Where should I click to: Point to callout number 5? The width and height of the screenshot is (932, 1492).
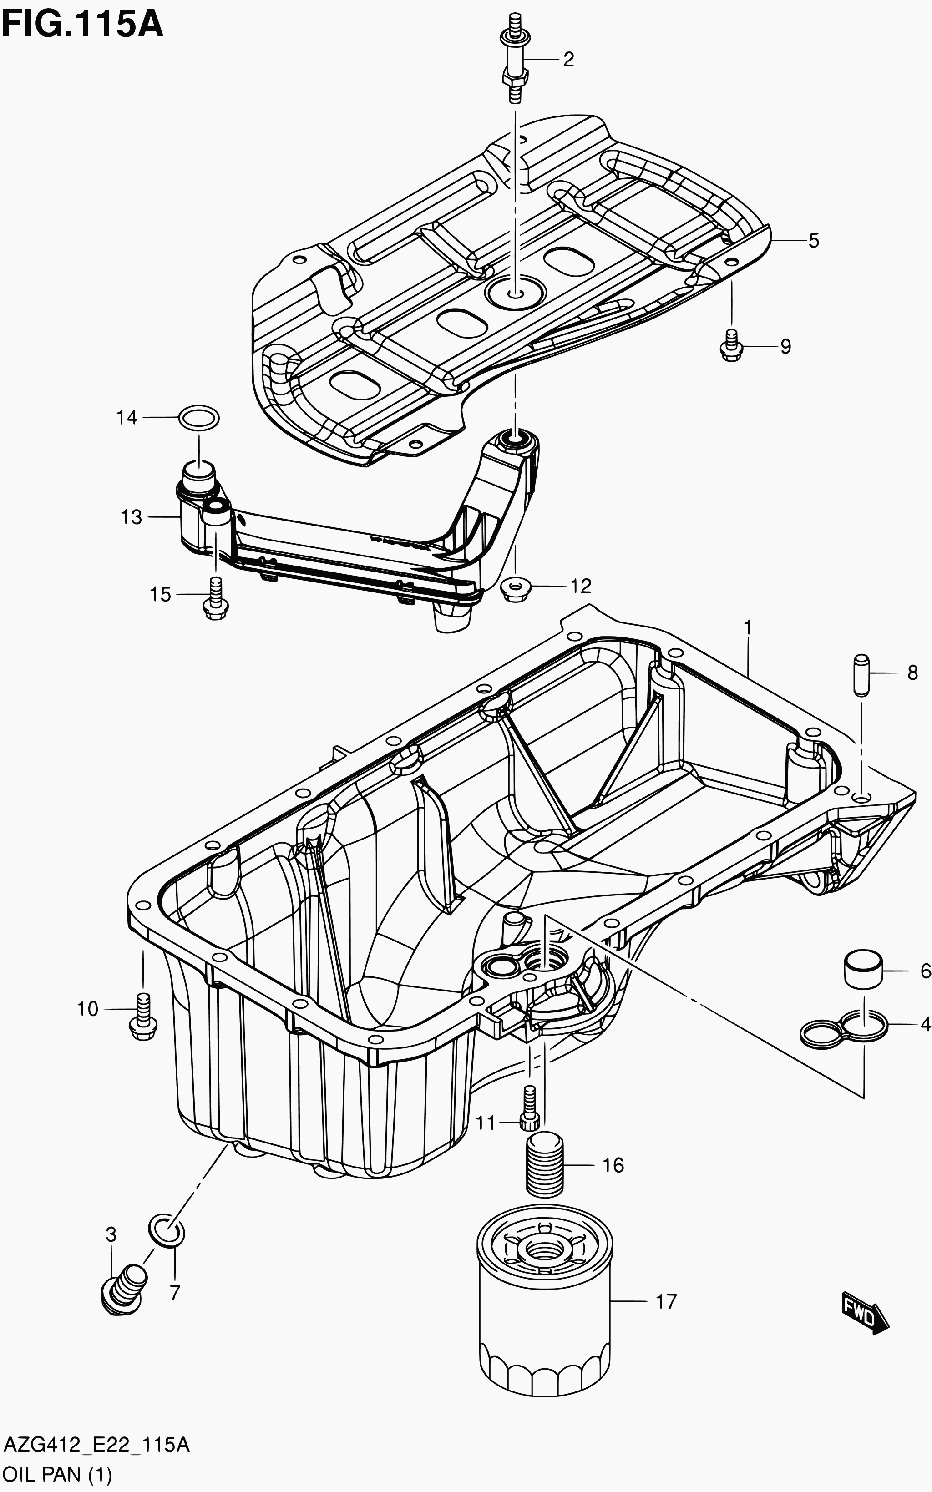click(x=814, y=241)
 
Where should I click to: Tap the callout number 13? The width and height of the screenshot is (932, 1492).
click(x=132, y=517)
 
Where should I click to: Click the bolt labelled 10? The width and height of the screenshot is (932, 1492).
click(x=143, y=1020)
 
